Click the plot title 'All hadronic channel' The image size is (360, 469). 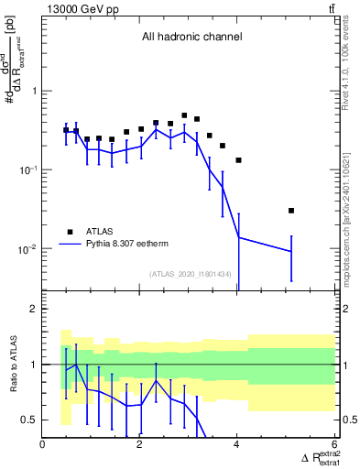[x=191, y=38]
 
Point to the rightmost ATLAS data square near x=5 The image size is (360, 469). [x=291, y=211]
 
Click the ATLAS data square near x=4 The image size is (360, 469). [x=238, y=160]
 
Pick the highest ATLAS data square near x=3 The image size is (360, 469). [x=184, y=116]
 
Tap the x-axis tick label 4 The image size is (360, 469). [x=236, y=446]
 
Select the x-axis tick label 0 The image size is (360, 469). [x=43, y=446]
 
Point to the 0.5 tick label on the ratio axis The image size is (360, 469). [x=27, y=420]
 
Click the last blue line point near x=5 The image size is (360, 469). [x=291, y=251]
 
